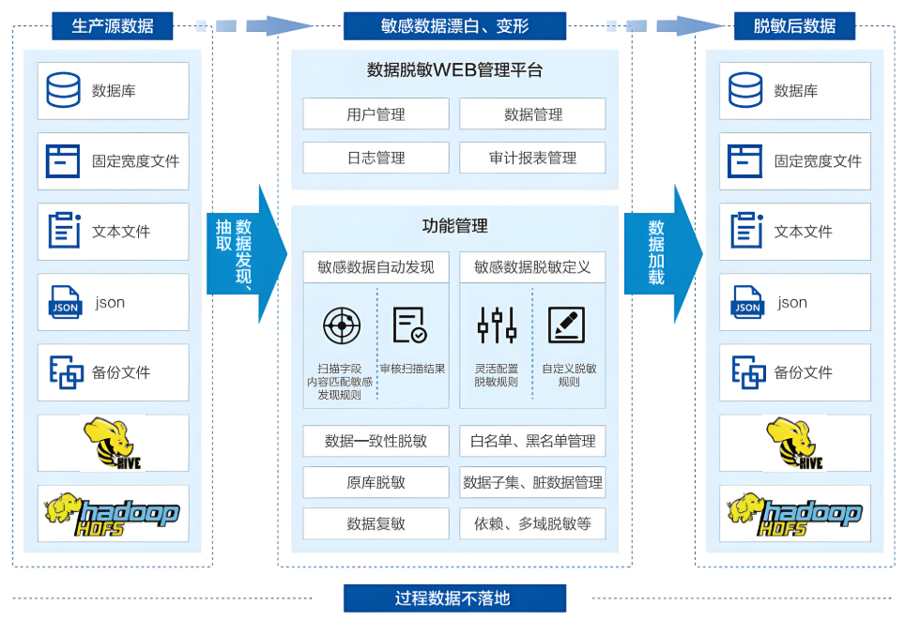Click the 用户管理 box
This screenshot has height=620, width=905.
pyautogui.click(x=376, y=114)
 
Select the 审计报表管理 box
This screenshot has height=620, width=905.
pyautogui.click(x=532, y=158)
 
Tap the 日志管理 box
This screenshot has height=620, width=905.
pyautogui.click(x=376, y=158)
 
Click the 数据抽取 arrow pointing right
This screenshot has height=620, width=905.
pyautogui.click(x=244, y=253)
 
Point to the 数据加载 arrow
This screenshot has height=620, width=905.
pyautogui.click(x=662, y=253)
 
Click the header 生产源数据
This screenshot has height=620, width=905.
pyautogui.click(x=113, y=26)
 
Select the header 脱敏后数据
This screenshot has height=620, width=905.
pyautogui.click(x=794, y=26)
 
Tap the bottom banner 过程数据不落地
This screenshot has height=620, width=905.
pyautogui.click(x=454, y=597)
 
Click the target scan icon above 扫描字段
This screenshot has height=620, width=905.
pyautogui.click(x=342, y=325)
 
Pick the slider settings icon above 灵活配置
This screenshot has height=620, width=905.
pyautogui.click(x=497, y=325)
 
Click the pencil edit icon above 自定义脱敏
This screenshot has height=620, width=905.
pyautogui.click(x=566, y=325)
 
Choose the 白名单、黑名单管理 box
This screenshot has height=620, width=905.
pyautogui.click(x=532, y=441)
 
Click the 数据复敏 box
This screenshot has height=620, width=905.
pyautogui.click(x=376, y=523)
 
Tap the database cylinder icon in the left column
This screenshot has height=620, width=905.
pyautogui.click(x=64, y=91)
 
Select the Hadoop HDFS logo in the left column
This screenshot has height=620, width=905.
pyautogui.click(x=113, y=513)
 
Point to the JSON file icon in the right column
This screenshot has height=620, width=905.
pyautogui.click(x=747, y=302)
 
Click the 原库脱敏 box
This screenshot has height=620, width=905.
pyautogui.click(x=376, y=482)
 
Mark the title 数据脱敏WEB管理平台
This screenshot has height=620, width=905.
pyautogui.click(x=454, y=70)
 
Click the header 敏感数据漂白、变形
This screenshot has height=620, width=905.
pyautogui.click(x=454, y=26)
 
